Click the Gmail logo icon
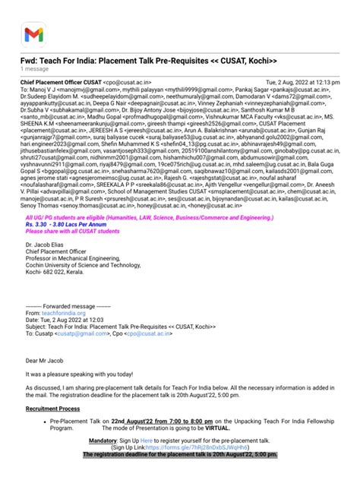pyautogui.click(x=33, y=34)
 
